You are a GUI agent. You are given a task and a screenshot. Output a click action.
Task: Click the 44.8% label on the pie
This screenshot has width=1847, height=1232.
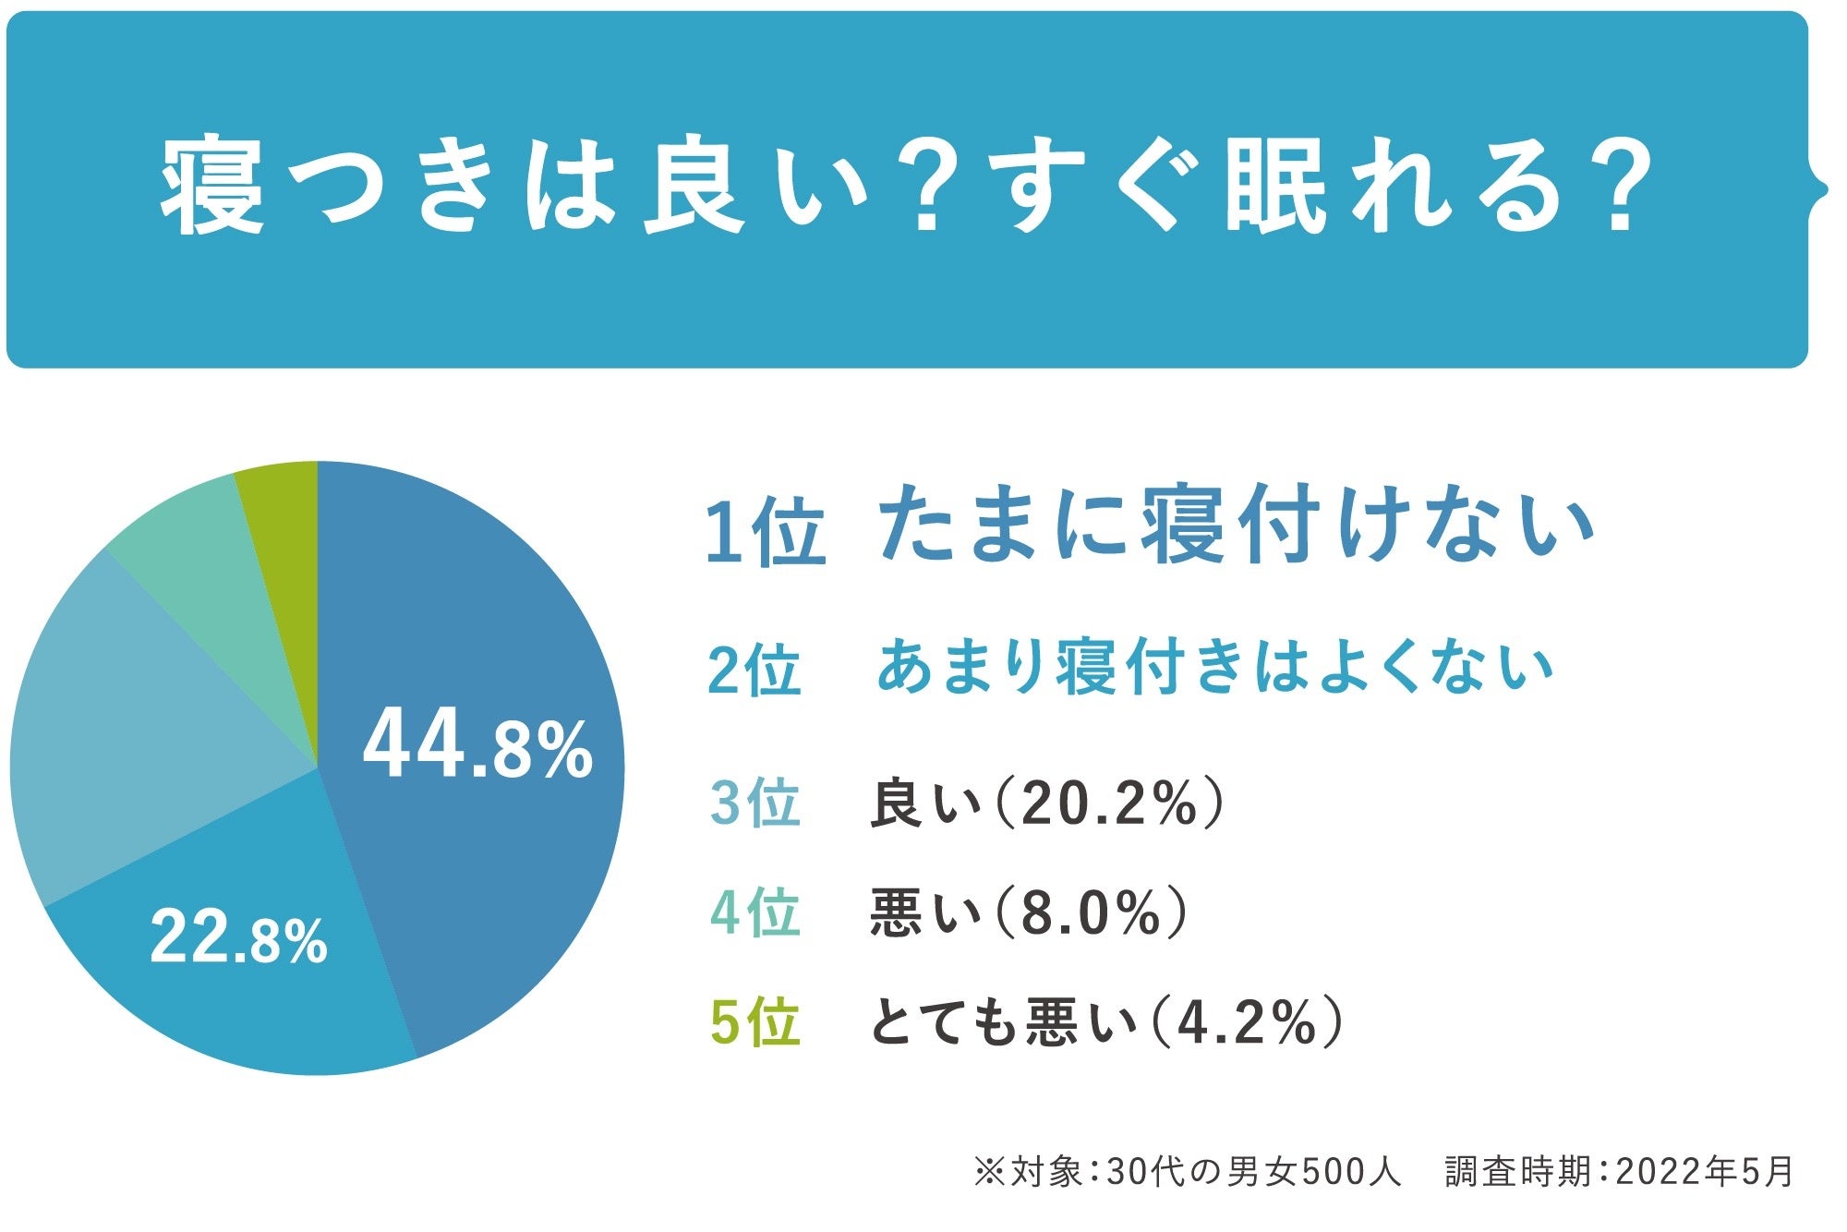point(477,748)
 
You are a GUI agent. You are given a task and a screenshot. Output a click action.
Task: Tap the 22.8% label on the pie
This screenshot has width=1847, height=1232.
point(238,938)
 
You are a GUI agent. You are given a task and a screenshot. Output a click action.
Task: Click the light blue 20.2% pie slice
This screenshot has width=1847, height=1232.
point(139,739)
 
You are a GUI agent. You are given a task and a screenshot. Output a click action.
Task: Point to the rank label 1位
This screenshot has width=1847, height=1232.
point(765,532)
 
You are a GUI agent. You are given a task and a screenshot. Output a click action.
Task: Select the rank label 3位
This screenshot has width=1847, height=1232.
point(754,803)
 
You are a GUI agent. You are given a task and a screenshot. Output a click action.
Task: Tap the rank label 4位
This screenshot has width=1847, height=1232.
point(754,912)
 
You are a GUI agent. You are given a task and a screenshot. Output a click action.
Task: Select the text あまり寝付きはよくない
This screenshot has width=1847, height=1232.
point(1214,667)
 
